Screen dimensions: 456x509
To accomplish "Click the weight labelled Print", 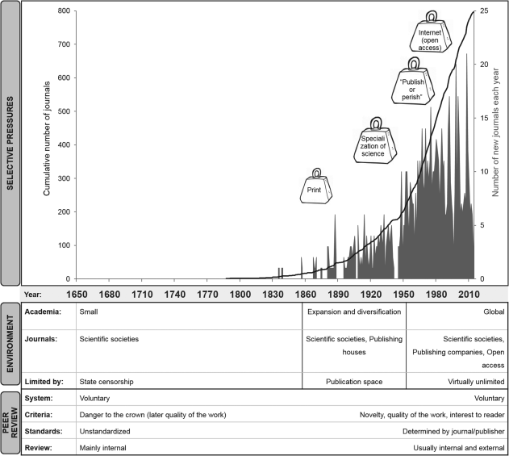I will click(315, 190).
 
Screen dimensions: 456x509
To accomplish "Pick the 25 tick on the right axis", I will click(483, 11).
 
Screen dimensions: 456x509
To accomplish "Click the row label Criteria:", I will click(42, 414).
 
